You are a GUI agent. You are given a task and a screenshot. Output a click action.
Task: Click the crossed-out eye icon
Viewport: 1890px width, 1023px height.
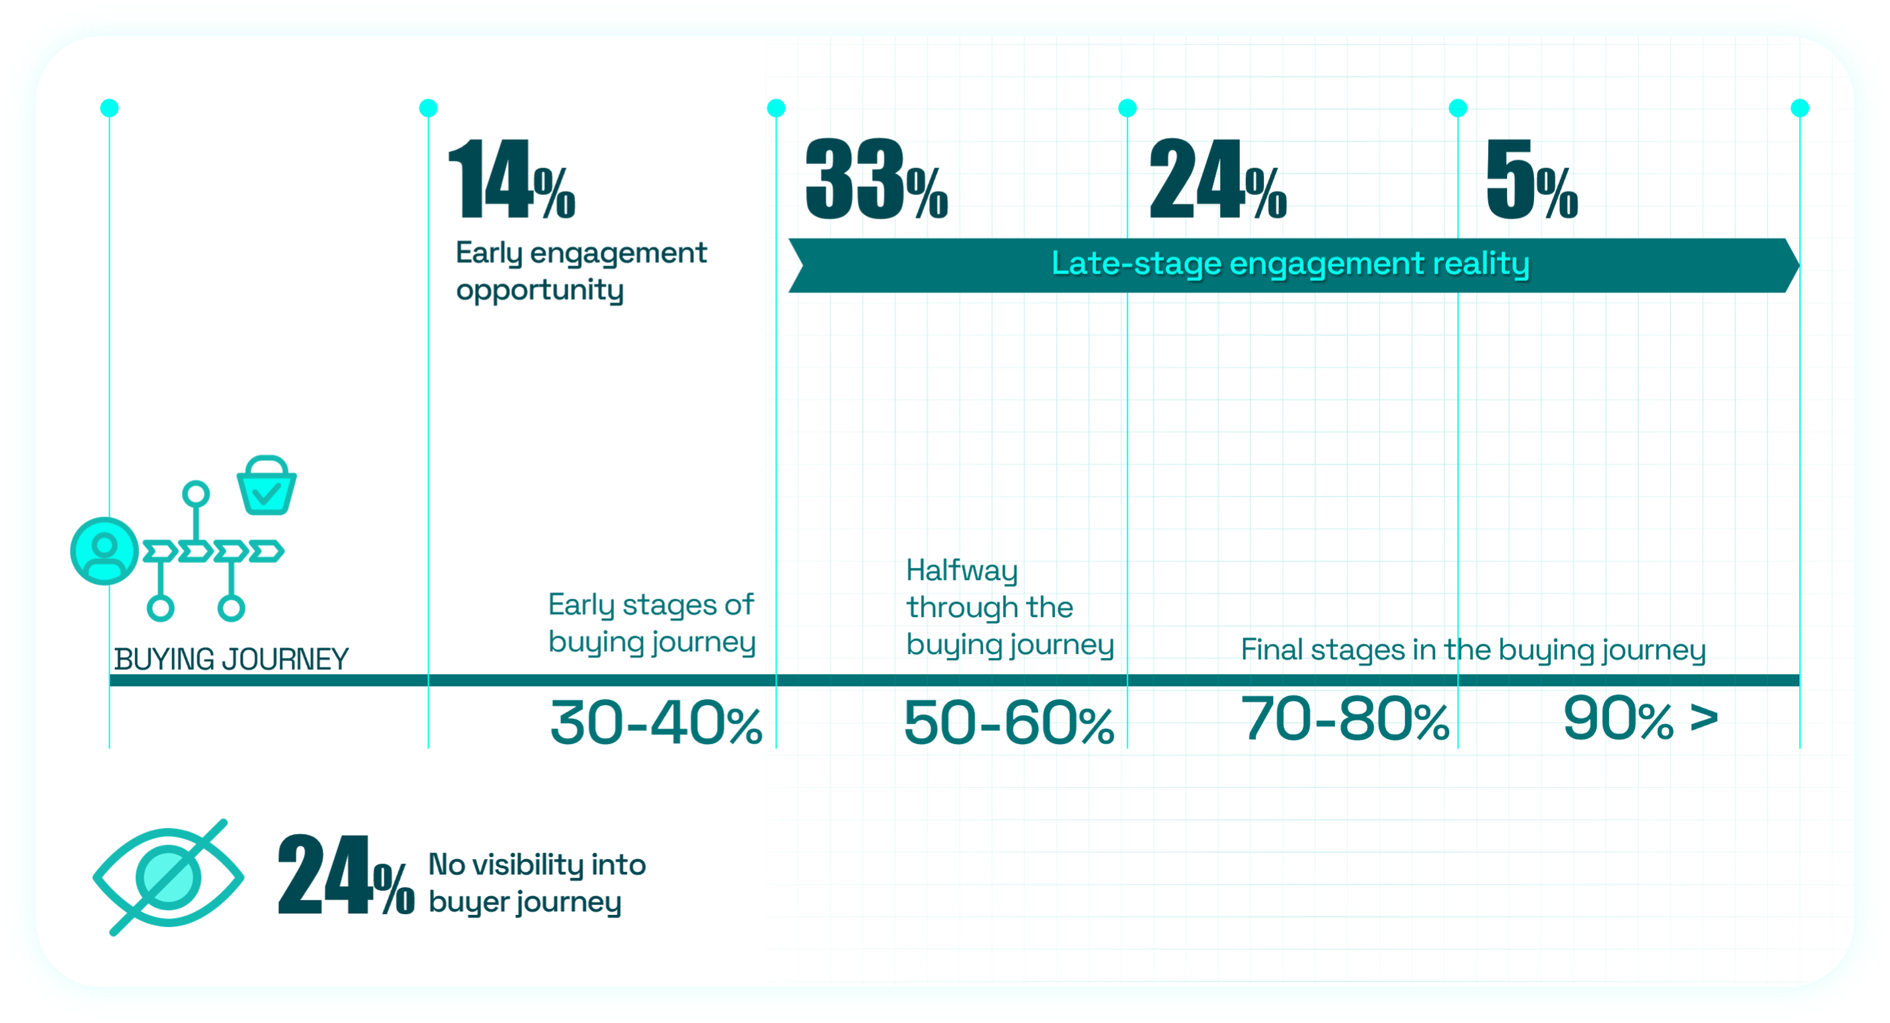168,877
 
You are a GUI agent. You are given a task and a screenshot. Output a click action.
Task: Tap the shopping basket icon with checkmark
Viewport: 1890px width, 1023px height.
266,485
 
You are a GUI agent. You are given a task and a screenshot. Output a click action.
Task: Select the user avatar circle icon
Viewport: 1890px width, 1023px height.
104,550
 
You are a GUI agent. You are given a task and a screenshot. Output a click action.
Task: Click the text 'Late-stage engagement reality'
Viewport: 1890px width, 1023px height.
1290,264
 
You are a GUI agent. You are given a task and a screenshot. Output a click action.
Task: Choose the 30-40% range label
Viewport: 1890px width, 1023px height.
656,723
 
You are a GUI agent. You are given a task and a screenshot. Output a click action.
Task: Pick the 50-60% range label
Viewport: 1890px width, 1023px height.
1009,723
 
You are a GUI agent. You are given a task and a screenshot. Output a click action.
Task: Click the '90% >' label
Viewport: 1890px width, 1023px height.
1640,719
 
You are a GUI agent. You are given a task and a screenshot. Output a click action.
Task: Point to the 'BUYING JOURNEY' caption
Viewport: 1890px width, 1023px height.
232,659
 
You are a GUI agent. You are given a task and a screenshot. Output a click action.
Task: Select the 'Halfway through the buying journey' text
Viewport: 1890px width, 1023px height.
1010,608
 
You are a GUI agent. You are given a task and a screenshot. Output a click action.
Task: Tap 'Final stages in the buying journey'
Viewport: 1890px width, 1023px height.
1473,650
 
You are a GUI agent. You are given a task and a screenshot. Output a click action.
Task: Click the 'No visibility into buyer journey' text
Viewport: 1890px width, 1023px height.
537,883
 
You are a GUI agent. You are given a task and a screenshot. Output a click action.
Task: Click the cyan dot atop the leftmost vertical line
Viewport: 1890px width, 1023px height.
109,109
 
